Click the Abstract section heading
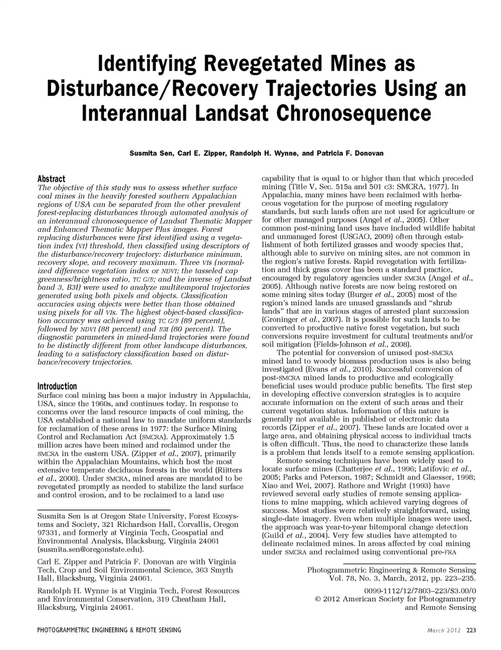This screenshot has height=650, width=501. click(x=51, y=179)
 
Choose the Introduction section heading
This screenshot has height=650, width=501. click(x=57, y=386)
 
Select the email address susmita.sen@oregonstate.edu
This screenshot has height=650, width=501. click(x=91, y=549)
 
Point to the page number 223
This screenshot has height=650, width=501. click(x=471, y=630)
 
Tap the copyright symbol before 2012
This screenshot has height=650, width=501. click(x=318, y=599)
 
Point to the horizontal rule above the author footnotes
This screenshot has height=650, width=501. click(x=104, y=510)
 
